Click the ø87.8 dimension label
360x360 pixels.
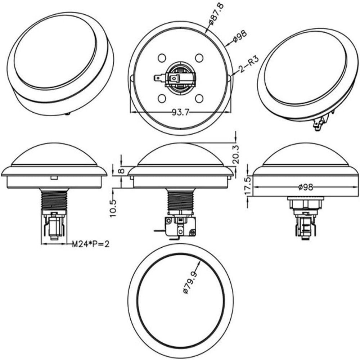tap(216, 14)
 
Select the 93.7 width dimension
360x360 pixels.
tap(180, 112)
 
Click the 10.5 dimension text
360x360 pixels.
tap(113, 208)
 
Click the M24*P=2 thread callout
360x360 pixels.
tap(91, 244)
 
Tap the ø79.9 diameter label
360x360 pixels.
tap(190, 282)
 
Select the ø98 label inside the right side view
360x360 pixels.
tap(306, 187)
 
